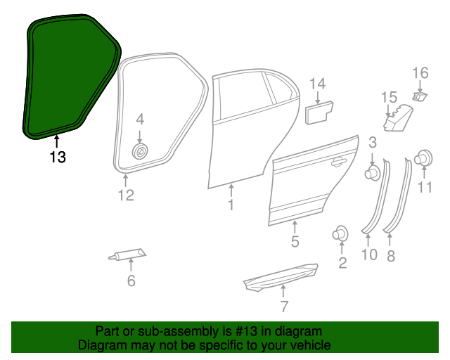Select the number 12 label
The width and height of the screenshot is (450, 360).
125,195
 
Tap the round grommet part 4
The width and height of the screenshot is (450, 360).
140,151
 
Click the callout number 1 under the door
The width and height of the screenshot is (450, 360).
230,205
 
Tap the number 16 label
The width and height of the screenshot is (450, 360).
420,72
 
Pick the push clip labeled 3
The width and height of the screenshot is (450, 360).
372,172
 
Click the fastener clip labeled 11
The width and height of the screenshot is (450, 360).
424,159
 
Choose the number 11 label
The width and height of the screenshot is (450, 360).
425,186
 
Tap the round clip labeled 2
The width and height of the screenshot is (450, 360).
341,234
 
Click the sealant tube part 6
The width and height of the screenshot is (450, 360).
128,255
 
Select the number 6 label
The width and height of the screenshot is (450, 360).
131,282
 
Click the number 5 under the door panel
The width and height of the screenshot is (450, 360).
295,242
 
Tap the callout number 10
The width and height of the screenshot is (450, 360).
369,255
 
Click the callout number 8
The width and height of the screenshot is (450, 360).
391,256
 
